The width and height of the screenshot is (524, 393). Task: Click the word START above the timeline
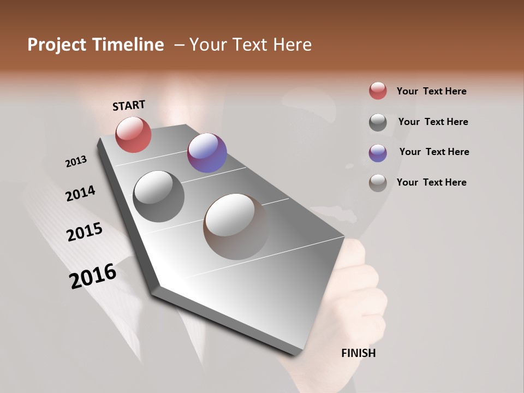tap(129, 105)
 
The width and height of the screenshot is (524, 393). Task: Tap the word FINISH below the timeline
tap(358, 353)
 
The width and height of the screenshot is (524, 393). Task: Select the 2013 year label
tap(76, 162)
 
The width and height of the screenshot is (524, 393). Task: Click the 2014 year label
tap(80, 193)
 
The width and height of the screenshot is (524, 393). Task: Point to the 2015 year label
tap(85, 232)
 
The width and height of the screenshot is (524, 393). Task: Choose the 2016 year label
tap(93, 276)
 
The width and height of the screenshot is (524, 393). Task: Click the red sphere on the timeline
tap(133, 134)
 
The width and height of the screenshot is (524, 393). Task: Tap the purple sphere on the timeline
tap(207, 153)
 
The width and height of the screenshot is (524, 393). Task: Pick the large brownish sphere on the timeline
tap(236, 227)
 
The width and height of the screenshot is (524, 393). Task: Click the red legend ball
tap(378, 91)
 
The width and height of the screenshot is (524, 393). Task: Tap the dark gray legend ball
tap(378, 122)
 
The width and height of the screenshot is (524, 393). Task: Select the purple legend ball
tap(378, 153)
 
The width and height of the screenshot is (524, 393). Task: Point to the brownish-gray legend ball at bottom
tap(378, 183)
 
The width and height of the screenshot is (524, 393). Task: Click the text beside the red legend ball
tap(431, 91)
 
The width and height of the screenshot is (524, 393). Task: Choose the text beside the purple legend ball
tap(434, 152)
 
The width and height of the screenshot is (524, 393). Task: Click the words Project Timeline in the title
tap(96, 45)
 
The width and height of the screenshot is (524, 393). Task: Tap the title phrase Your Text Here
tap(251, 45)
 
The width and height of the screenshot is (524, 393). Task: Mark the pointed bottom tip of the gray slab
tap(297, 354)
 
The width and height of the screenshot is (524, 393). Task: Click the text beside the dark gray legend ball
tap(433, 122)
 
